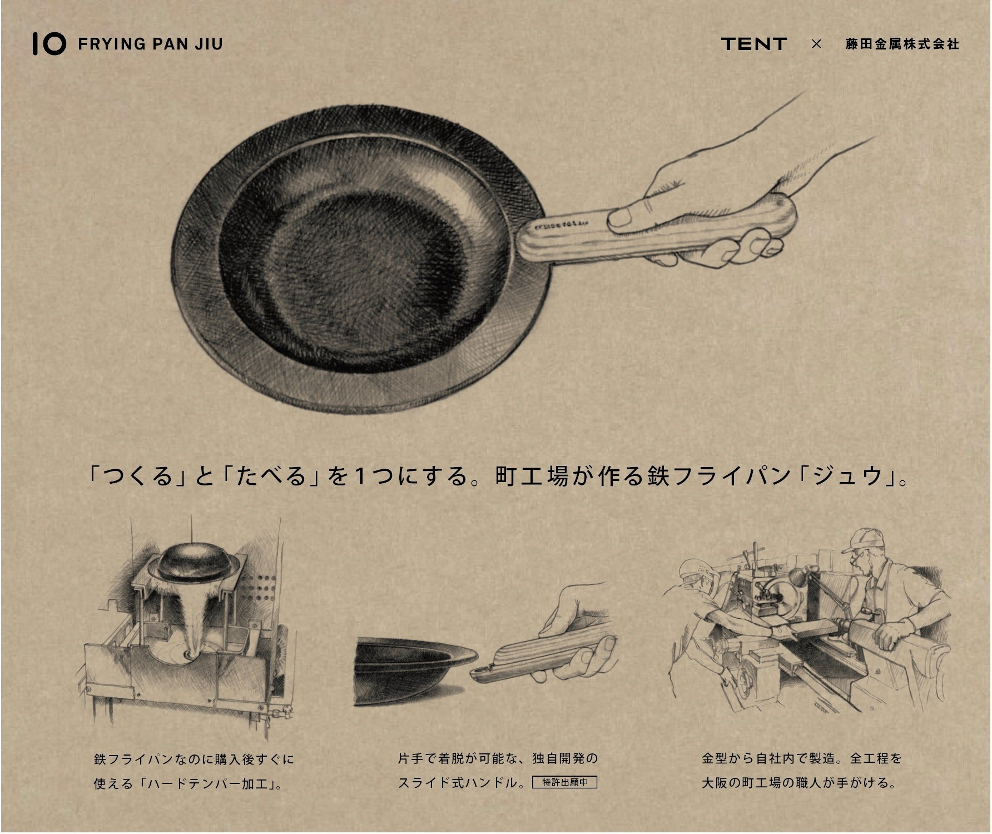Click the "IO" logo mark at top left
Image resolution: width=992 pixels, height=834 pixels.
49,44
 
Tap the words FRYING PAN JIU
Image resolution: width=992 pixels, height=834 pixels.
151,44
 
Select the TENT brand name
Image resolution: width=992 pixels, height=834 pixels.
754,44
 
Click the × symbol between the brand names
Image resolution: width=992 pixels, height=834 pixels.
816,44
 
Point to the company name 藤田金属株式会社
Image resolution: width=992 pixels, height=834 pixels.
902,44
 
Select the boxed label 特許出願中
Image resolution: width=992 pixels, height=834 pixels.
564,782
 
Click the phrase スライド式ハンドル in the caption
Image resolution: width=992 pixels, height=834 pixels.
458,783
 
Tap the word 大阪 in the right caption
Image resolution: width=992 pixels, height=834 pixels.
715,783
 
